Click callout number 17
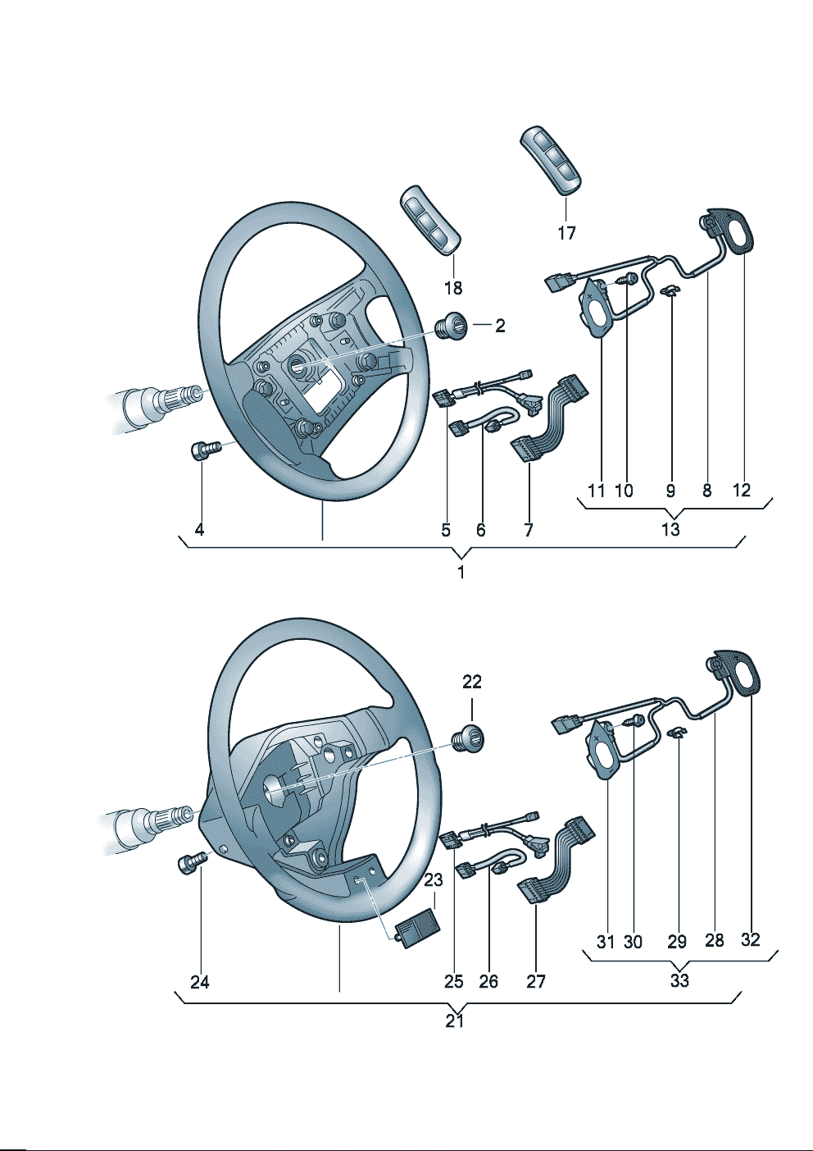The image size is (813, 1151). tap(566, 233)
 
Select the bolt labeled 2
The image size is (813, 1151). tap(451, 327)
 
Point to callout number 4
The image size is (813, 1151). tap(199, 530)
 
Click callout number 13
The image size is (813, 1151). tap(670, 529)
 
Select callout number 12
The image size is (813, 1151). tap(741, 491)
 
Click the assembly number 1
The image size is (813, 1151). tap(461, 572)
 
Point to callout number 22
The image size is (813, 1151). tap(472, 681)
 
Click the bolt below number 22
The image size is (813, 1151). tap(470, 736)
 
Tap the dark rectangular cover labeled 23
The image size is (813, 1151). tap(418, 928)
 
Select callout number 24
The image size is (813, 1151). tap(200, 981)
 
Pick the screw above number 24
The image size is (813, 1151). tap(190, 862)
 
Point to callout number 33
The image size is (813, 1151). tap(679, 980)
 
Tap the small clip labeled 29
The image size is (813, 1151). tap(676, 733)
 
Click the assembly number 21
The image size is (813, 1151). tap(455, 1021)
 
